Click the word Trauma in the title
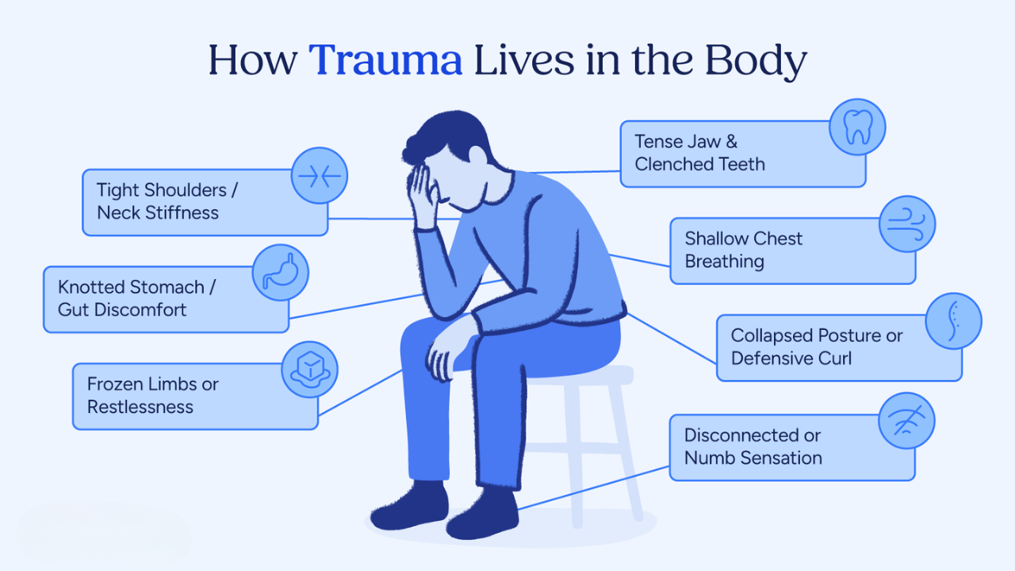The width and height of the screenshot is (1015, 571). click(385, 59)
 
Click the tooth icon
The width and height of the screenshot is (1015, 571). click(857, 127)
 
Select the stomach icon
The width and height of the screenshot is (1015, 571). click(281, 272)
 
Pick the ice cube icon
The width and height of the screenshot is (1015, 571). click(310, 370)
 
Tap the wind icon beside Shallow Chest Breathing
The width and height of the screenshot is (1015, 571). click(906, 224)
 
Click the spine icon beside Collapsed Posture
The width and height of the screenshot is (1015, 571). click(953, 321)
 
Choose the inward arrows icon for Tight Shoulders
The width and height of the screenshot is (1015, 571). click(320, 175)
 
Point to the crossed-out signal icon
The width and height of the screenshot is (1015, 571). click(906, 420)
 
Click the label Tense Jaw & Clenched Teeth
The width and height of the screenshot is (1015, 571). click(699, 153)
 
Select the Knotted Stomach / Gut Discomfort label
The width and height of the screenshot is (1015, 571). click(137, 298)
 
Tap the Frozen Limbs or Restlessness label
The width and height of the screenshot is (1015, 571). click(153, 395)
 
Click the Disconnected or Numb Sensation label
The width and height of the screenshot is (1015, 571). click(753, 446)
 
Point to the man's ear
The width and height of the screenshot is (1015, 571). click(477, 155)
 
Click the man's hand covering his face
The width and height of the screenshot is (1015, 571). click(423, 196)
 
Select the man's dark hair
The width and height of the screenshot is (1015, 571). click(446, 136)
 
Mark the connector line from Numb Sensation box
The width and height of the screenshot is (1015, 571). click(593, 489)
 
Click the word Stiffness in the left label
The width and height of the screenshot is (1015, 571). click(182, 213)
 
